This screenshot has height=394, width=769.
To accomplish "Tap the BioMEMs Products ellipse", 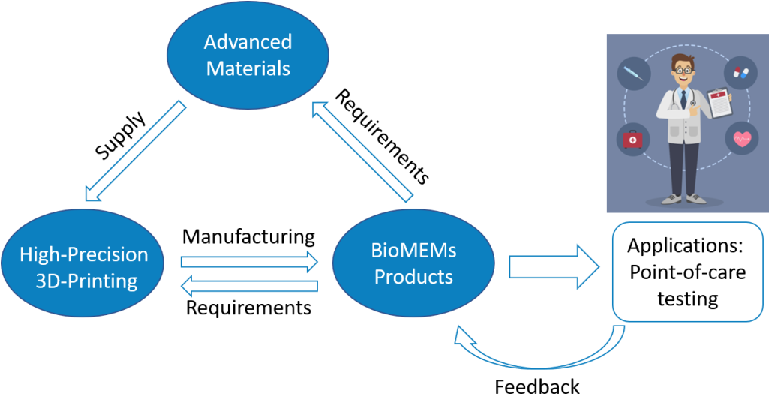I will (413, 263).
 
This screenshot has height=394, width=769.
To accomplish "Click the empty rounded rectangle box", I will (688, 272).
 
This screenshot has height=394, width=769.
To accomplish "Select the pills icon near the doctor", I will (740, 73).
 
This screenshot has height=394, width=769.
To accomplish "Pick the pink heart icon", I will (741, 139).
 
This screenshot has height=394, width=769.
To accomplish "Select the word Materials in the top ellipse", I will (248, 68).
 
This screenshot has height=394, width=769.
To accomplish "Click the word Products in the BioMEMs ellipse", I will (413, 277).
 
